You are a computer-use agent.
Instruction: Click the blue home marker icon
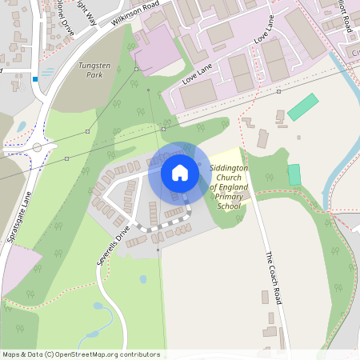(x=179, y=173)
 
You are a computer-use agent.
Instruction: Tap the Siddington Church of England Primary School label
(x=229, y=187)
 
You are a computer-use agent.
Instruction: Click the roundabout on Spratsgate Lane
(x=37, y=146)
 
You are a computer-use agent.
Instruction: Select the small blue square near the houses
(x=35, y=78)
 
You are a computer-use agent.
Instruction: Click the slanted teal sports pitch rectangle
(x=303, y=107)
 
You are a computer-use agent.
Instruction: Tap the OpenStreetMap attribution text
(x=80, y=354)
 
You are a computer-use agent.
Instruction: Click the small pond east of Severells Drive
(x=142, y=279)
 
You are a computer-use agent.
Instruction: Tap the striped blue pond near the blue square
(x=47, y=72)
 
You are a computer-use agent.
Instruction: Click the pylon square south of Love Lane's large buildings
(x=278, y=91)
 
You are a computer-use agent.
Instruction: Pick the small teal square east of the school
(x=294, y=174)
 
